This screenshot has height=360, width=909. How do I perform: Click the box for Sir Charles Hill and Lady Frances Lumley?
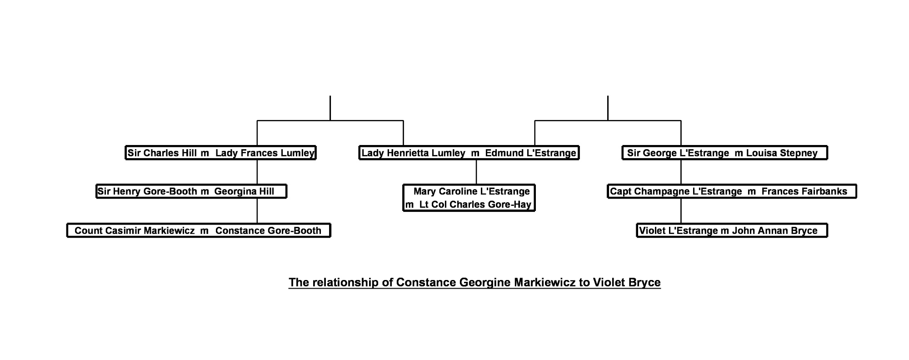point(220,153)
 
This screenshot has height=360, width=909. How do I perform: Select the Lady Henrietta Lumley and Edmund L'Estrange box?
point(469,153)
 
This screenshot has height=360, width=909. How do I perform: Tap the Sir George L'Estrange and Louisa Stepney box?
point(724,153)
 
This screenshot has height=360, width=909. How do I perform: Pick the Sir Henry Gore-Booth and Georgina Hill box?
point(191,191)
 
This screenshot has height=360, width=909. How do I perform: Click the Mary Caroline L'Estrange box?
point(469,198)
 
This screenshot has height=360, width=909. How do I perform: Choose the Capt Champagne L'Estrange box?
point(732,191)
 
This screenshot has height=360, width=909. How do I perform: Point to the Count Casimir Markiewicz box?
point(199,230)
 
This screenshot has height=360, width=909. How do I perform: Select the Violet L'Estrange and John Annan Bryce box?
point(732,230)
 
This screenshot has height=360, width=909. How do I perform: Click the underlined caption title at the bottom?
point(474,282)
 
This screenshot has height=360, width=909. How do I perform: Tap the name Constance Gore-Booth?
point(268,230)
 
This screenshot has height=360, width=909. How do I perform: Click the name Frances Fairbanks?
point(804,191)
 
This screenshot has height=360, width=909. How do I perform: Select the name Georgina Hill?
point(244,191)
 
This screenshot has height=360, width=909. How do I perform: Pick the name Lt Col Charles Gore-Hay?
point(475,205)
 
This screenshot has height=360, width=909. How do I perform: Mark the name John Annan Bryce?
point(774,230)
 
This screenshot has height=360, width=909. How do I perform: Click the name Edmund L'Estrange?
point(530,153)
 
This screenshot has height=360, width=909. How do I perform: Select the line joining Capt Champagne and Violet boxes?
point(681,211)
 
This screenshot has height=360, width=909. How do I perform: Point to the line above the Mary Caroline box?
point(476,172)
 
